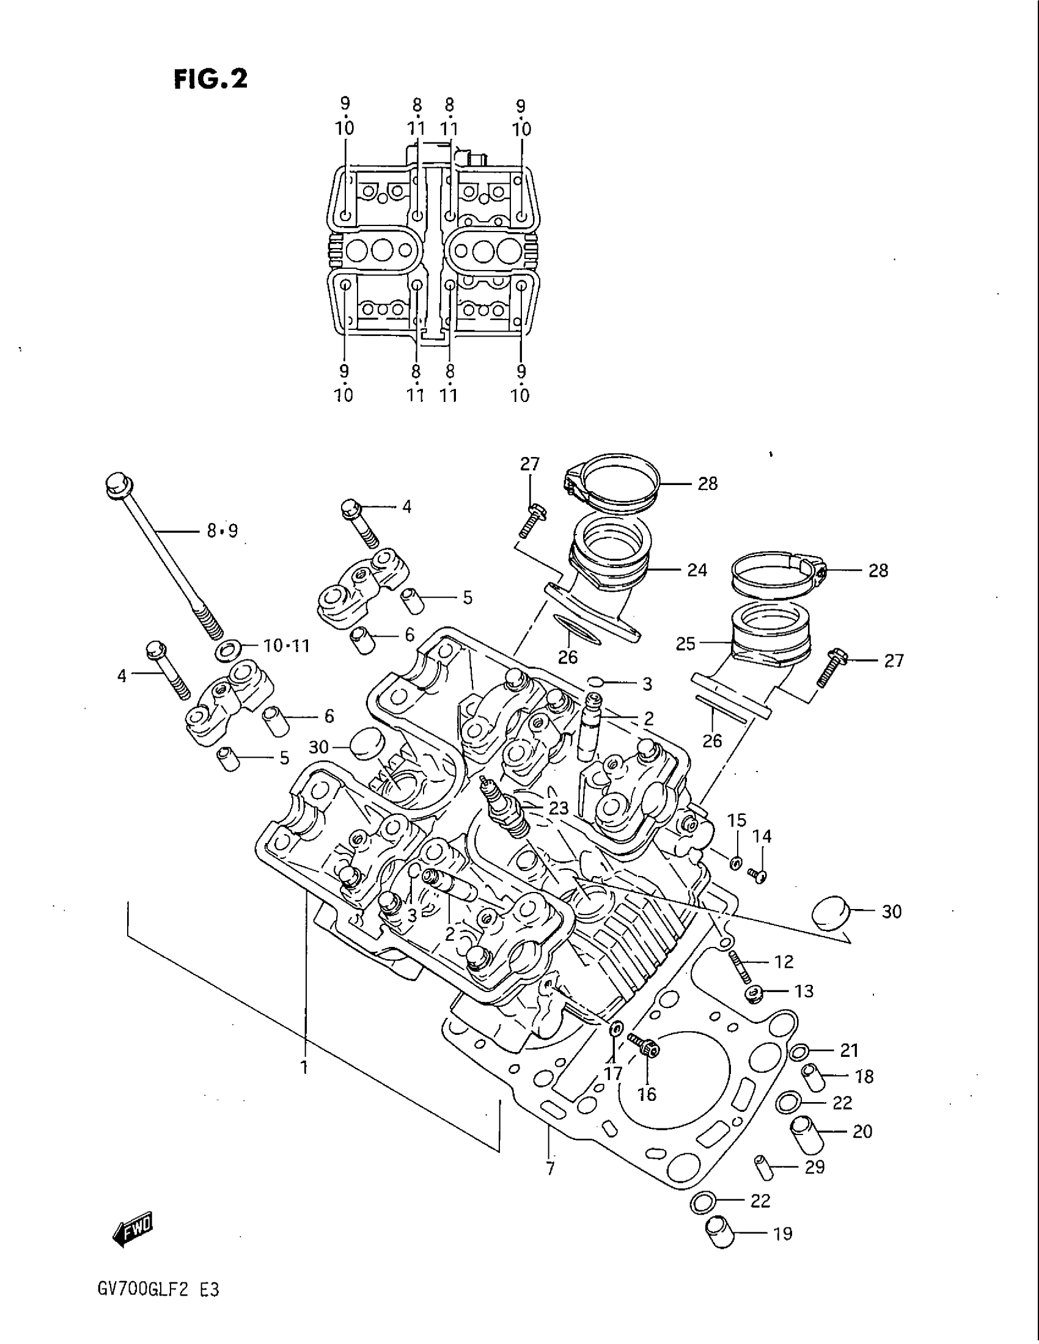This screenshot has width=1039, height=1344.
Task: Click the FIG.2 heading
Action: [x=210, y=79]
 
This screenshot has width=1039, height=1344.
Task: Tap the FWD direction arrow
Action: [x=132, y=1229]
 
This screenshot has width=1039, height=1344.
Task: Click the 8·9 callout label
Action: [x=222, y=530]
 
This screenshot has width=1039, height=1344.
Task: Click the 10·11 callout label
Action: [x=286, y=646]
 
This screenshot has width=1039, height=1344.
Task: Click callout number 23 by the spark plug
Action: [x=558, y=808]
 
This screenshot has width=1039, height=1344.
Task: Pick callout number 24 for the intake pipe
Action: [x=697, y=570]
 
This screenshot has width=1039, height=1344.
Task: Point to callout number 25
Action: [x=685, y=644]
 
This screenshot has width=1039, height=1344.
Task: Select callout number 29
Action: [x=815, y=1167]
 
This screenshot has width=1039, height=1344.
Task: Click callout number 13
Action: [x=804, y=992]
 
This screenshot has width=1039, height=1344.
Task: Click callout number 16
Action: [x=647, y=1094]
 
